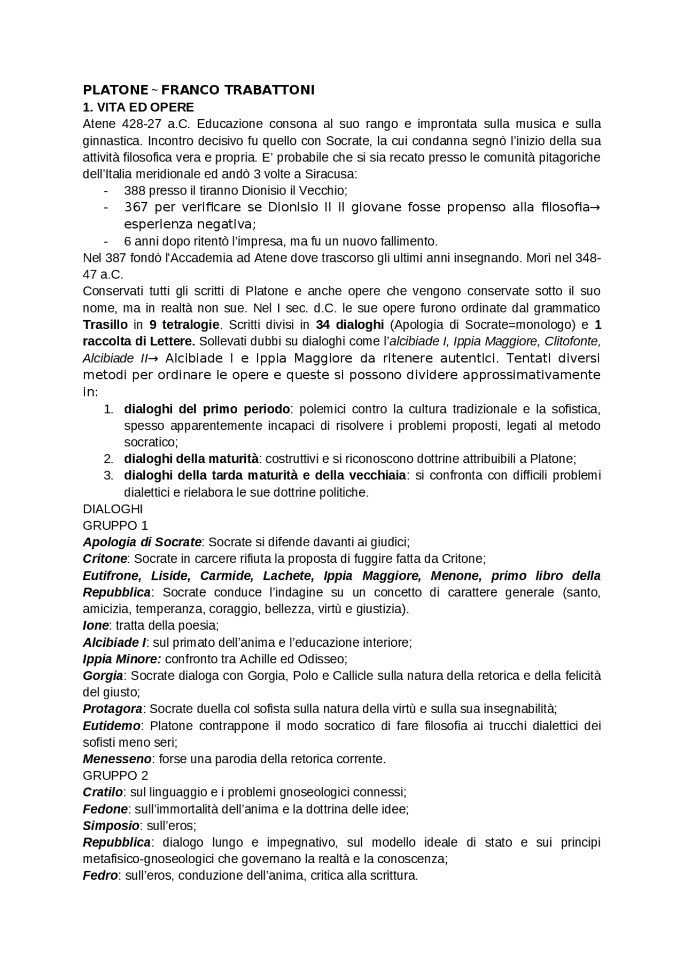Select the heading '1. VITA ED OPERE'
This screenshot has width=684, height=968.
(x=138, y=107)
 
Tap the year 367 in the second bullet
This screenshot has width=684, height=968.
(x=136, y=207)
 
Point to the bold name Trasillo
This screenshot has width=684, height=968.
(x=105, y=324)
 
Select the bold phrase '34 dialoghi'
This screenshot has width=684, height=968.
(x=349, y=324)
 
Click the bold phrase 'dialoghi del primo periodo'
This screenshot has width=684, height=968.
(x=207, y=409)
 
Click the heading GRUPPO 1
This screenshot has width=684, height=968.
(x=115, y=525)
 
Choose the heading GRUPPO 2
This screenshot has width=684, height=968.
(x=115, y=775)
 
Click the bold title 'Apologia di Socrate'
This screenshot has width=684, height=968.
(x=142, y=542)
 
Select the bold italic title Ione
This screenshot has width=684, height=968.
(x=96, y=625)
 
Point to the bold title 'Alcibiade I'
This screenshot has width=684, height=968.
(x=114, y=642)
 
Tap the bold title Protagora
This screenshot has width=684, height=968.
(x=112, y=709)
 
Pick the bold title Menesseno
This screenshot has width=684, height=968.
(x=117, y=758)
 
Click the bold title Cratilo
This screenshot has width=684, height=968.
(x=103, y=792)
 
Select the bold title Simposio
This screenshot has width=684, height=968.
(x=111, y=825)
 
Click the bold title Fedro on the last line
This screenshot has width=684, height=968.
(x=100, y=876)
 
